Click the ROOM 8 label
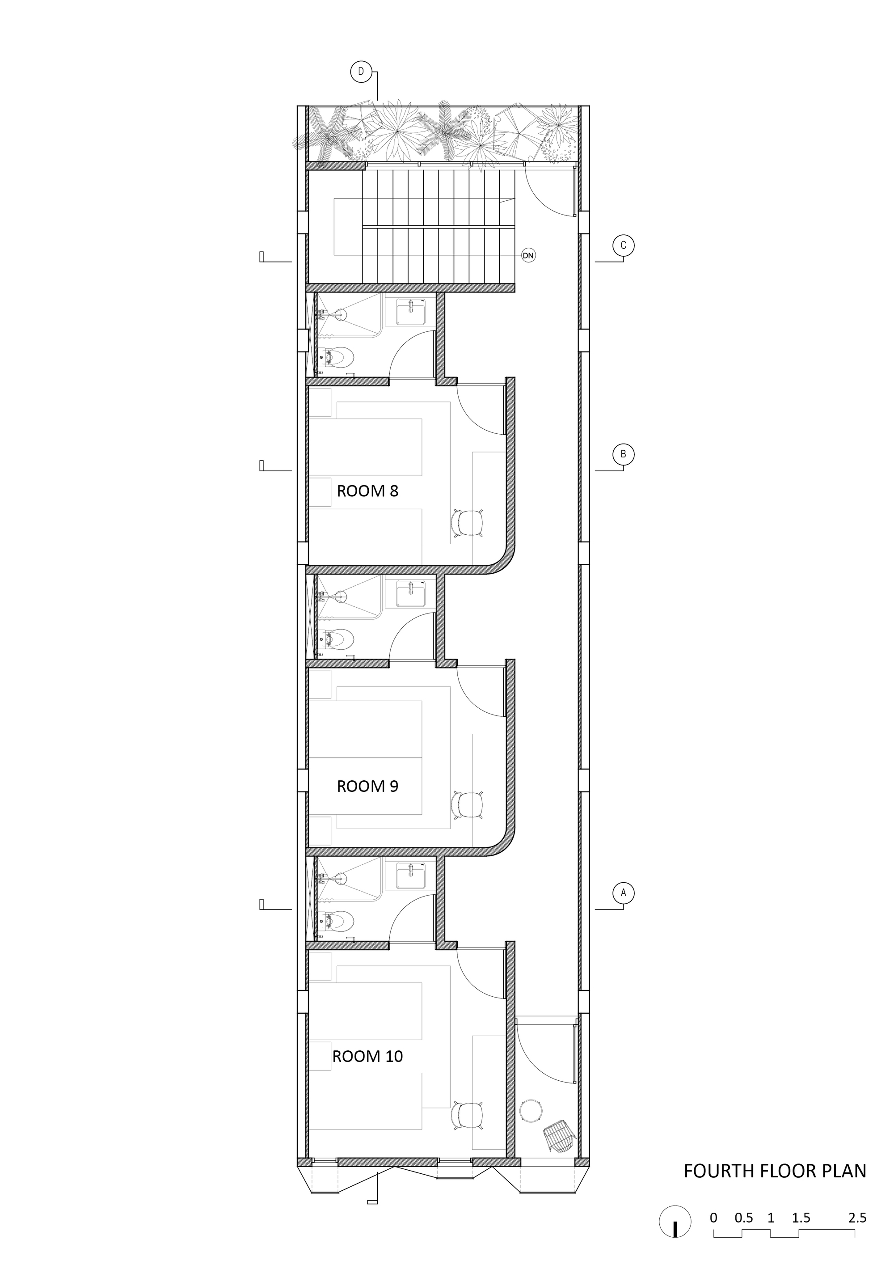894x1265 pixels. tap(367, 491)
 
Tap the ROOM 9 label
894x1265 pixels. tap(367, 786)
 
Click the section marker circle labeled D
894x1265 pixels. tap(361, 71)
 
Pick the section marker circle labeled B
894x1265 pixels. tap(624, 455)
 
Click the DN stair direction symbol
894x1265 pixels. tap(528, 256)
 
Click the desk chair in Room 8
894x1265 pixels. tap(468, 523)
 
